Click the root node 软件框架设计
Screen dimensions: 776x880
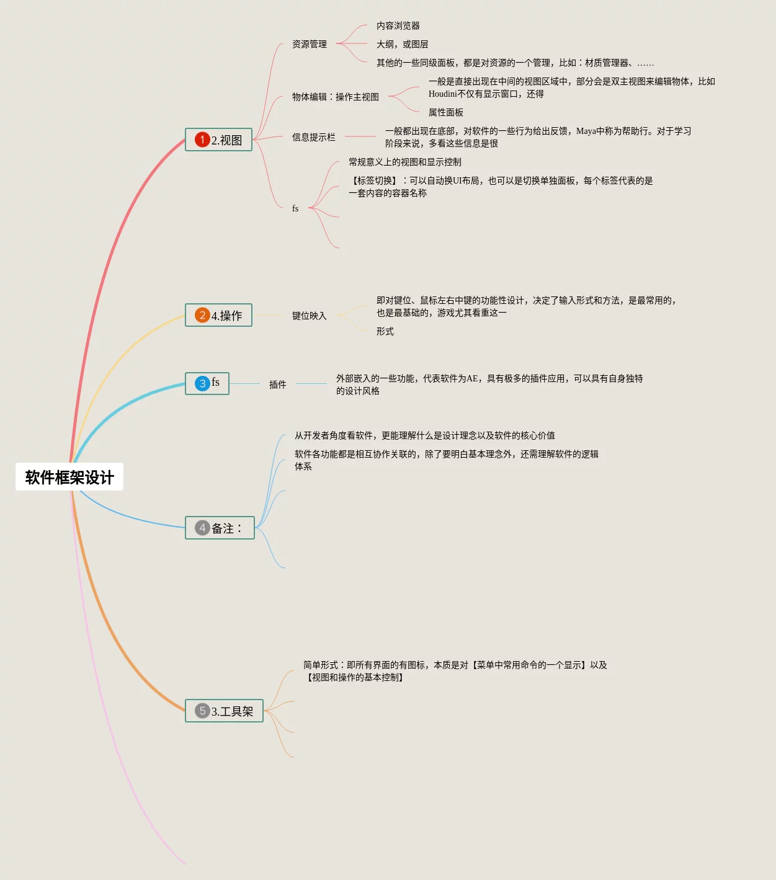point(69,477)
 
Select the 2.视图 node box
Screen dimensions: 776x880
point(219,140)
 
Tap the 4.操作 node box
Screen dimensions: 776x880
point(219,315)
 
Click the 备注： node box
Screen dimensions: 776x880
point(220,528)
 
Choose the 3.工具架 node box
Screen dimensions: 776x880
point(225,711)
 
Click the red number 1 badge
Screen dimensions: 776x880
point(202,140)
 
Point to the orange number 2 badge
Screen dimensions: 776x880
point(202,315)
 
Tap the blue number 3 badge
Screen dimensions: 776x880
point(202,384)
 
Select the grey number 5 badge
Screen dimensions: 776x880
point(202,711)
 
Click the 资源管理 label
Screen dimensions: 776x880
point(309,44)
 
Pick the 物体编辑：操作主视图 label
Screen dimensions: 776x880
point(335,97)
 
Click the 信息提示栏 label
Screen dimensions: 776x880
point(313,137)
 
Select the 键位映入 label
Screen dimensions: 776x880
point(309,316)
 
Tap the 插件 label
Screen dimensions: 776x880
point(277,384)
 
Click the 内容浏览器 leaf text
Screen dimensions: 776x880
point(398,25)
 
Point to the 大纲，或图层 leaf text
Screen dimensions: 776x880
point(402,44)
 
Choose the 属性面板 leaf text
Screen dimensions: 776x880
point(445,112)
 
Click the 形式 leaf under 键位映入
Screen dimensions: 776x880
point(385,331)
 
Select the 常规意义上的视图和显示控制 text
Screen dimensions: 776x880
point(404,162)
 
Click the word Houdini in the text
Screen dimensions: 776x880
point(442,94)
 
